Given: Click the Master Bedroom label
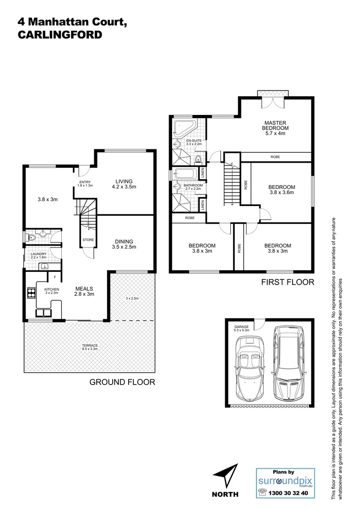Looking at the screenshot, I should pos(276,128).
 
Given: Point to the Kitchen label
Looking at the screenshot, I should pos(51,291).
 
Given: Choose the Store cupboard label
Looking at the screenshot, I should pos(89,240).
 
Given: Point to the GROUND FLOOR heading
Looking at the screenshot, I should pos(122,382).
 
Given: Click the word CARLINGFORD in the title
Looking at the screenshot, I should pos(59,35).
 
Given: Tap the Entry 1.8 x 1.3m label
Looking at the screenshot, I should pos(85,184).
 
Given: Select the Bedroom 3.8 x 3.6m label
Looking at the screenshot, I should pos(282,189).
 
